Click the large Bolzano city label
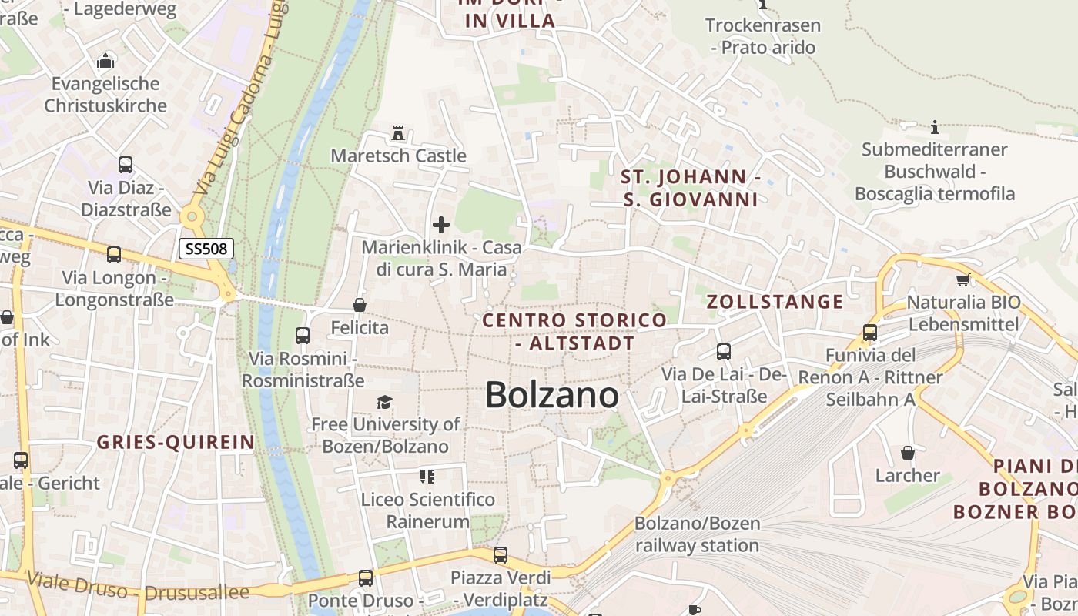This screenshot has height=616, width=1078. pos(552,396)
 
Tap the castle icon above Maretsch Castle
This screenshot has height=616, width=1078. pos(398,133)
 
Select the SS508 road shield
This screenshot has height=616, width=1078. pos(206,249)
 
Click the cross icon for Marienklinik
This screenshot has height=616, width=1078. pos(441,225)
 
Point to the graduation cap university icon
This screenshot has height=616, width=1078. pos(384,402)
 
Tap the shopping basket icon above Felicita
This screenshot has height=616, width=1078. pos(359,306)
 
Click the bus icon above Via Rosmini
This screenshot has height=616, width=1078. pos(303,336)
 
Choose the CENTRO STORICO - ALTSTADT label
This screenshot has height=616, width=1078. pos(574,332)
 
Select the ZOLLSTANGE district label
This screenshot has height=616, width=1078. pos(775,302)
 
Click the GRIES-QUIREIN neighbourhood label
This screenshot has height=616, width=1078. pos(176,442)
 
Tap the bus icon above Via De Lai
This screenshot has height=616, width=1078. pos(724,352)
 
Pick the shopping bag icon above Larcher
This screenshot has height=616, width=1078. pos(908,453)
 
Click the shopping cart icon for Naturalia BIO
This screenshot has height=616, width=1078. pos(962,280)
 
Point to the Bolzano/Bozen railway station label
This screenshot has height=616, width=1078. pos(697,534)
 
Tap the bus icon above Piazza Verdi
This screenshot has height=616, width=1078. pos(500,554)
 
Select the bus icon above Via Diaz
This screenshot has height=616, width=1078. pos(126,165)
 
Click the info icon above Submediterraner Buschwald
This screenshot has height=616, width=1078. pos(935,127)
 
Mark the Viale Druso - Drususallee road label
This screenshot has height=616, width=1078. pos(139,588)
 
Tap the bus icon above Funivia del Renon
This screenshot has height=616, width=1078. pos(870,333)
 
